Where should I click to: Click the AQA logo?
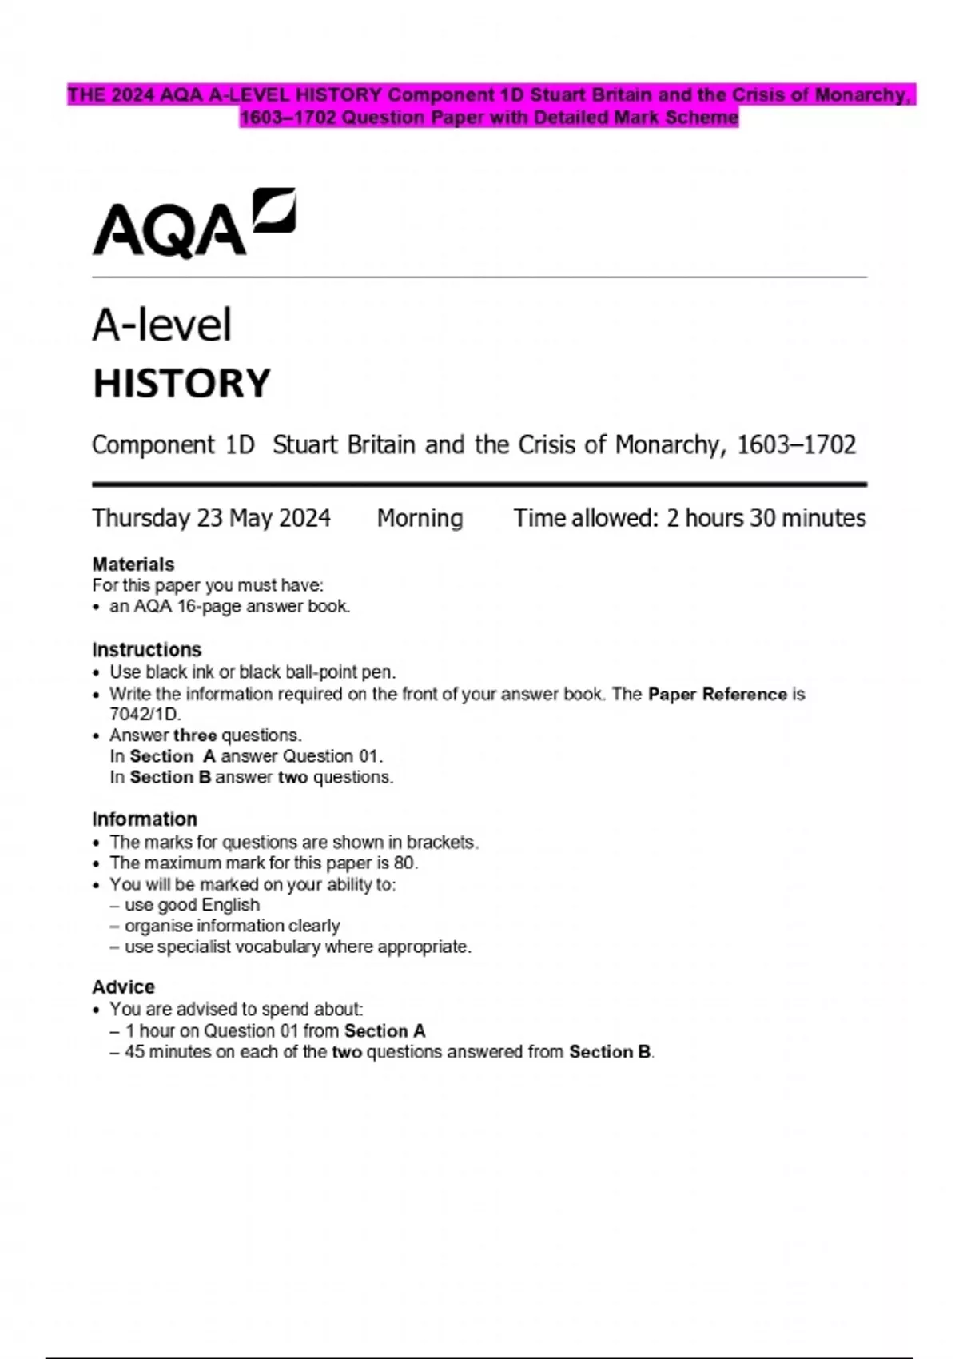[x=194, y=223]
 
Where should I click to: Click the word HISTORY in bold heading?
[x=182, y=383]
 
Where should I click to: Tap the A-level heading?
[x=161, y=325]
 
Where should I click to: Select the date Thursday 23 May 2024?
[x=211, y=518]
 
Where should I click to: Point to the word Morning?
[x=420, y=518]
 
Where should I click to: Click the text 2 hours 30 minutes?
[x=766, y=518]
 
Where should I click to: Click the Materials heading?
[x=133, y=564]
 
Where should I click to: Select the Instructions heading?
[x=146, y=649]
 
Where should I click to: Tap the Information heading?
[x=144, y=819]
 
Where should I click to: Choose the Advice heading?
[x=123, y=986]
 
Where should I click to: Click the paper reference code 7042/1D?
[x=145, y=714]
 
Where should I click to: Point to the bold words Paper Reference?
[x=717, y=694]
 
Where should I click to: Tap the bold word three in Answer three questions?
[x=195, y=735]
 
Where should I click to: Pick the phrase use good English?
[x=192, y=904]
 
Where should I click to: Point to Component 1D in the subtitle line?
[x=173, y=444]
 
